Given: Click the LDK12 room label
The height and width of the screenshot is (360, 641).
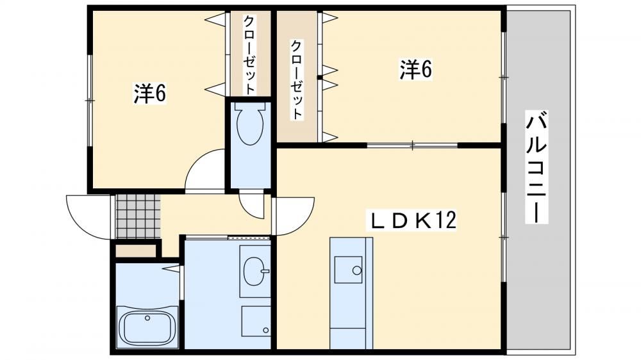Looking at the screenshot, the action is click(x=413, y=220).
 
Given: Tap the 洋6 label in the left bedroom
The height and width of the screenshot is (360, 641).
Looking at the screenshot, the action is click(x=149, y=94).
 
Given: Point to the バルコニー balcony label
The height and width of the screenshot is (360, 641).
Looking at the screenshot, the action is click(x=537, y=167).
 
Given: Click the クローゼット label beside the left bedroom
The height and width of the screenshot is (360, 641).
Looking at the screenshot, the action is click(x=249, y=54).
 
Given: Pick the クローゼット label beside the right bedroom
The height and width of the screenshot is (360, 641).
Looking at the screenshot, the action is click(x=296, y=79).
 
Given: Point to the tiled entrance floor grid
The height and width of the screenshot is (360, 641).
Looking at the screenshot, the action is click(x=137, y=217).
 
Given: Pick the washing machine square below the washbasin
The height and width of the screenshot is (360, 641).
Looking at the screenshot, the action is click(x=256, y=321).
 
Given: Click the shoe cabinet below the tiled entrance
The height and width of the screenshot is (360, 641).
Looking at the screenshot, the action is click(x=136, y=250).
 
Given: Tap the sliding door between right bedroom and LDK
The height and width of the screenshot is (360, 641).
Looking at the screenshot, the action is click(x=412, y=145).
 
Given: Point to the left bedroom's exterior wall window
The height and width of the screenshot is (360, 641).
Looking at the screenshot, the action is click(x=89, y=100).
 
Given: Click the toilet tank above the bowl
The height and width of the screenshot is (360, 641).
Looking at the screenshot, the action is click(x=249, y=106).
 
